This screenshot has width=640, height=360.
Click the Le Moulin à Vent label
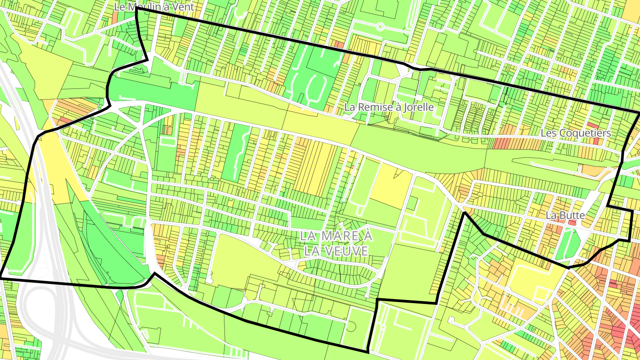click(154, 7)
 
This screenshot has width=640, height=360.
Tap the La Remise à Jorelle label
click(389, 107)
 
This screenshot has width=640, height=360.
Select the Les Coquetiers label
click(576, 133)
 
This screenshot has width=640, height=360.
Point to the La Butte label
click(565, 215)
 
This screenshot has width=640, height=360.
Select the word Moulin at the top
click(142, 7)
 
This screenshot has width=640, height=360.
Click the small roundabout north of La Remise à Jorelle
click(380, 26)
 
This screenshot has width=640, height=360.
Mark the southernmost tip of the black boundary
click(368, 352)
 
